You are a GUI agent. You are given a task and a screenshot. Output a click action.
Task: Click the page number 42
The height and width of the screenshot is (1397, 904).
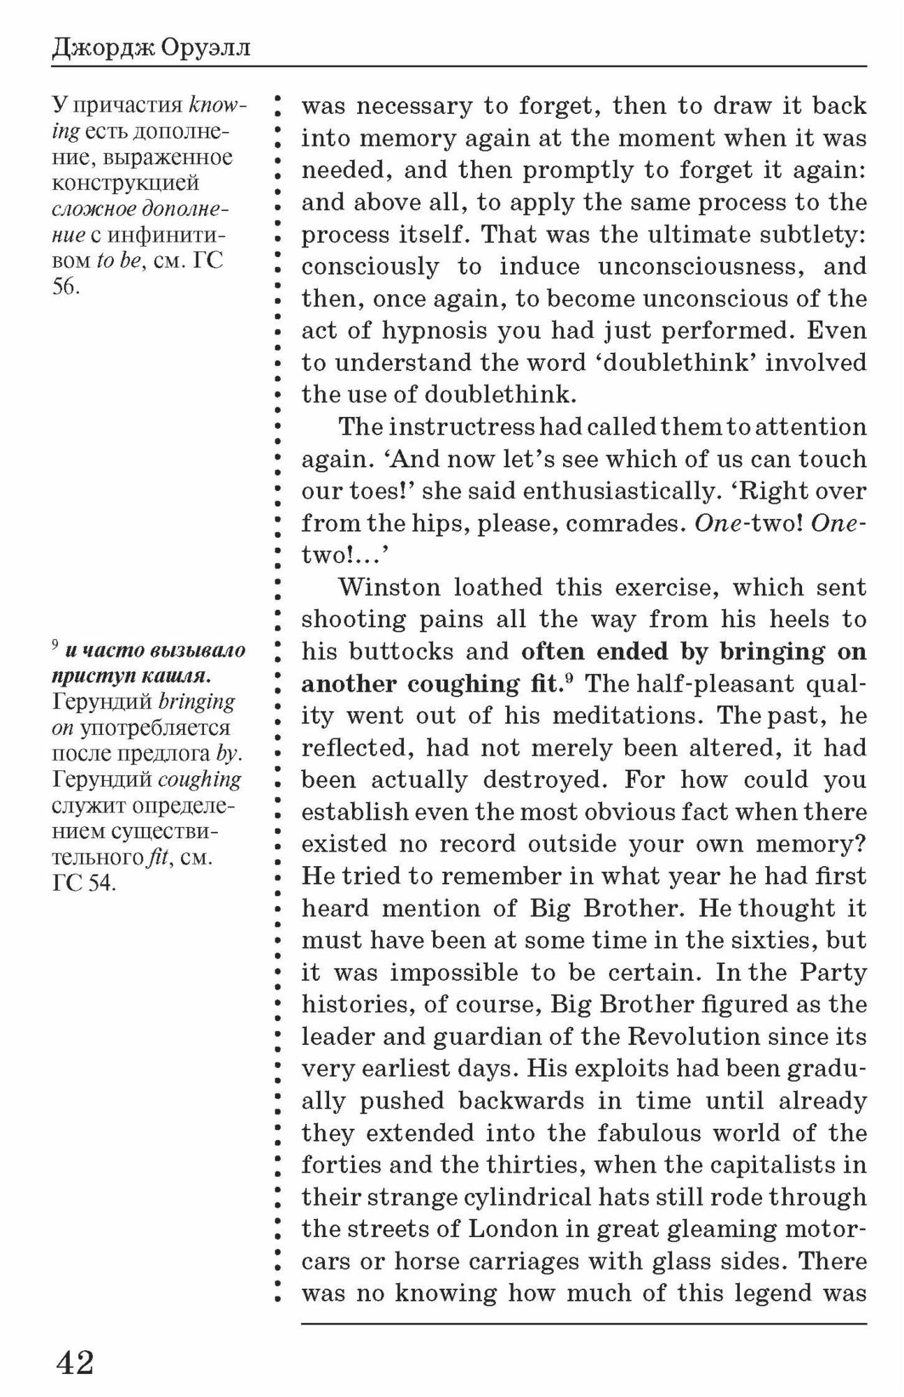click(x=75, y=1361)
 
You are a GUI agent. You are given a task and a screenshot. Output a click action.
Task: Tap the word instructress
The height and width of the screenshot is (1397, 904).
click(x=461, y=427)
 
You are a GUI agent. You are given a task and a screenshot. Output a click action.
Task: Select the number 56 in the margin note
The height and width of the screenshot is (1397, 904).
click(x=65, y=286)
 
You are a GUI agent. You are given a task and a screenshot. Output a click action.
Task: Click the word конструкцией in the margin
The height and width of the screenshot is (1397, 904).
click(x=126, y=183)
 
